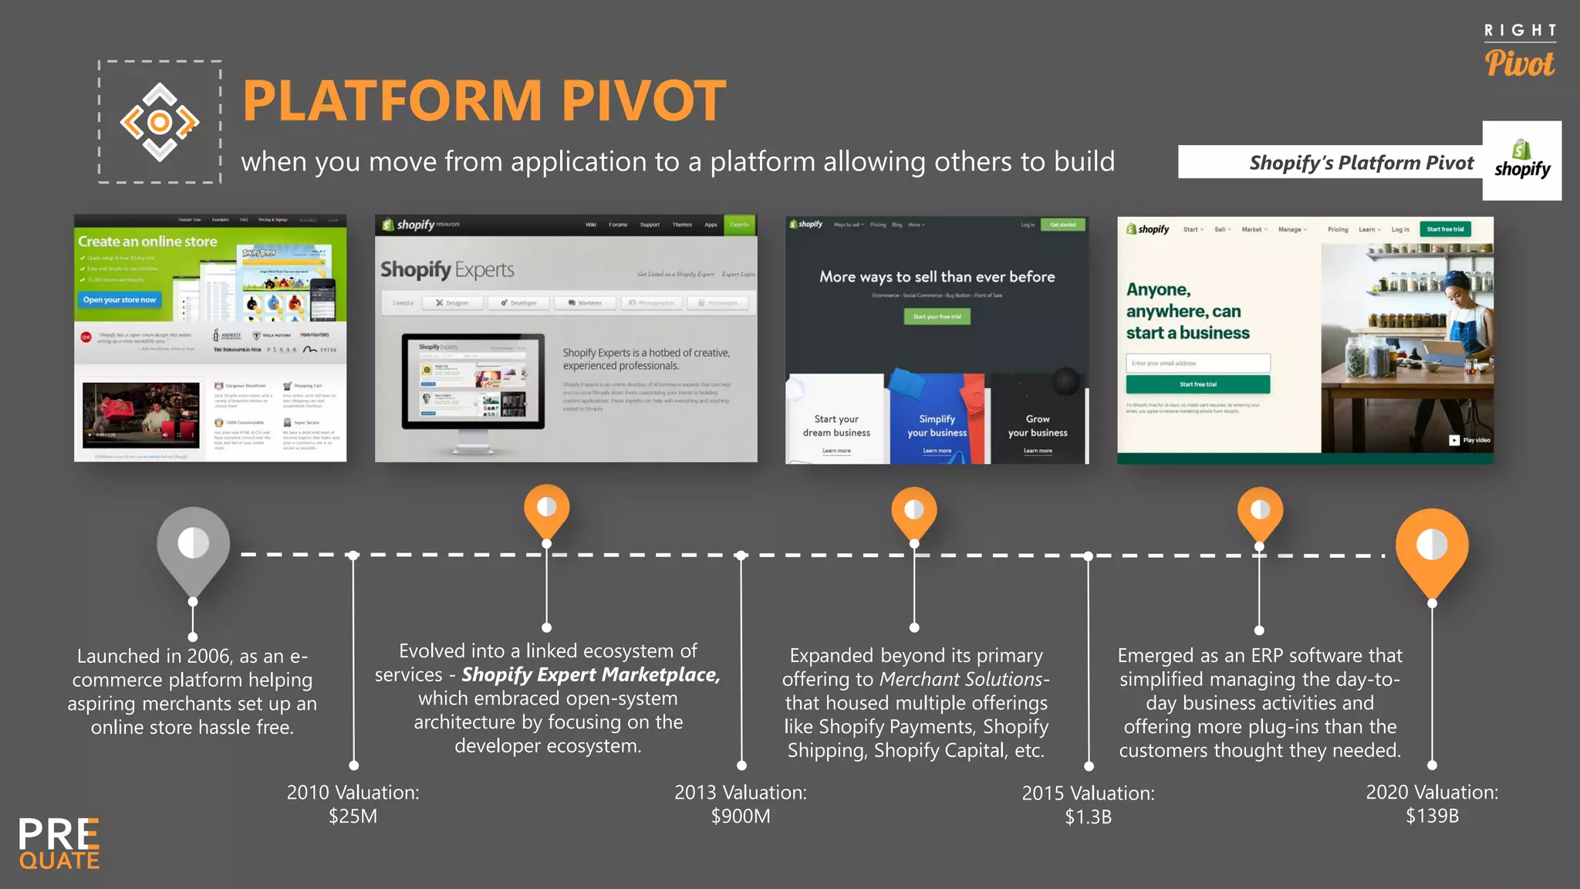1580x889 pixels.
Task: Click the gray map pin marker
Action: tap(193, 545)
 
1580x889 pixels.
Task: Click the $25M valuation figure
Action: tap(353, 816)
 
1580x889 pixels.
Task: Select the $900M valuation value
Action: tap(741, 816)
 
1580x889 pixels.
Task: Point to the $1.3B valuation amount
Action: tap(1088, 817)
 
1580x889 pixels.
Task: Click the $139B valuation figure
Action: tap(1432, 816)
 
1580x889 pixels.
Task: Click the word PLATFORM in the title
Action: tap(393, 101)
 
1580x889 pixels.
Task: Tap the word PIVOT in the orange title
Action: tap(643, 101)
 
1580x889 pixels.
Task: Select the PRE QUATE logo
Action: tap(59, 844)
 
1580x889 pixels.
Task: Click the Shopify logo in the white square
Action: tap(1521, 161)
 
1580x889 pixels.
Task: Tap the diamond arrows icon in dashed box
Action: tap(160, 122)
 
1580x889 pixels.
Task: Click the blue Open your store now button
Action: tap(120, 299)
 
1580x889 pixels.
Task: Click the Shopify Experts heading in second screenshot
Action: tap(447, 269)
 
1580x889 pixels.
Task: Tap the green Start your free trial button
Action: tap(937, 316)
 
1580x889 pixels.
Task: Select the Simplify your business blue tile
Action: tap(937, 425)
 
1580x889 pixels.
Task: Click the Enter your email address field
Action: tap(1197, 363)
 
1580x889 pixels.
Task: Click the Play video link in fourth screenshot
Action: tap(1470, 440)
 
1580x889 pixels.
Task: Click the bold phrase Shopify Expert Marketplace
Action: tap(590, 674)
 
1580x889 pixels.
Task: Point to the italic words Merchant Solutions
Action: tap(961, 679)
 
